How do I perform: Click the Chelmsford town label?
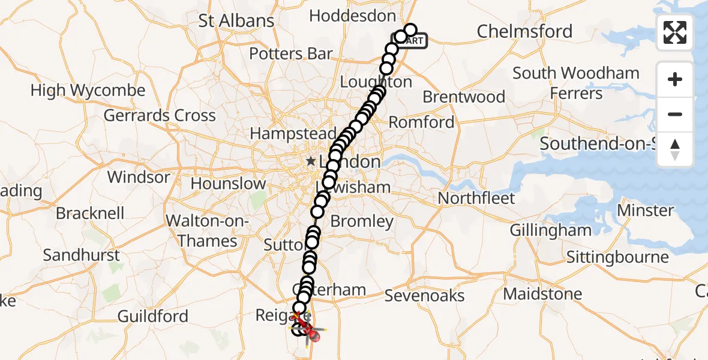[x=524, y=31]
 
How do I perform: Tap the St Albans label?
[x=236, y=20]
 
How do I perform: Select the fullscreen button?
[x=675, y=32]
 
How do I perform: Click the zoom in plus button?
[x=675, y=79]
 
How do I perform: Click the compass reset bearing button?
[x=675, y=149]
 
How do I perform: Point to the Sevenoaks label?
[x=424, y=296]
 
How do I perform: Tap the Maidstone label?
[x=542, y=294]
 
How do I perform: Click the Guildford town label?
[x=152, y=316]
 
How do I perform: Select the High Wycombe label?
[x=88, y=91]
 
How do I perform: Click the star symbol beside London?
[x=311, y=161]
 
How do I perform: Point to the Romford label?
[x=422, y=122]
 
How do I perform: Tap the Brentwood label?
[x=464, y=97]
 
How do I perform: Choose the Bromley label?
[x=362, y=221]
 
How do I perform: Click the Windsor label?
[x=139, y=178]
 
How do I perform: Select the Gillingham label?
[x=550, y=230]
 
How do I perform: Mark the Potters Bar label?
[x=290, y=54]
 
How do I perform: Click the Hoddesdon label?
[x=352, y=16]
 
